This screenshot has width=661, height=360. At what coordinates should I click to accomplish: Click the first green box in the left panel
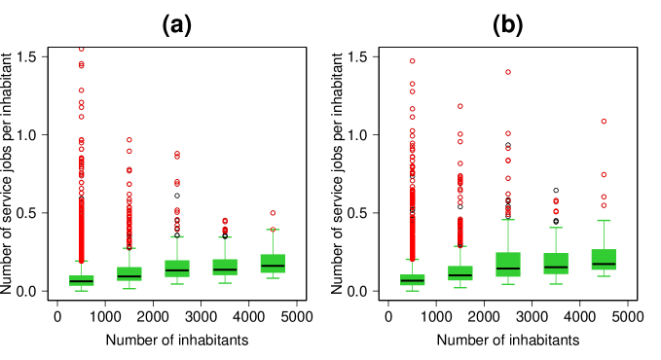(82, 280)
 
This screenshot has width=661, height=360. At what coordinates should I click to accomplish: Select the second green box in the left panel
(129, 273)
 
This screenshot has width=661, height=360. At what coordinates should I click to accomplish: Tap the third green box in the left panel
(177, 269)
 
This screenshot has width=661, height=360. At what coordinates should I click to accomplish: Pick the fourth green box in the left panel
(225, 267)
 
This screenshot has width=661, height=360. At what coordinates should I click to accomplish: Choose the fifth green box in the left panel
(273, 264)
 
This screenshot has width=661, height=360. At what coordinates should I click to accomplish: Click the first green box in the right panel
(413, 280)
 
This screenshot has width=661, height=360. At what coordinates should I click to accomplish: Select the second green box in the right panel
(460, 273)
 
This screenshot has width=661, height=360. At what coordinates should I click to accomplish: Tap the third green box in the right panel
(508, 265)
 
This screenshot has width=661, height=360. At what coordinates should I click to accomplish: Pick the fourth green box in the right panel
(556, 264)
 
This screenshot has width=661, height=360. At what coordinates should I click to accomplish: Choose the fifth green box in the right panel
(604, 260)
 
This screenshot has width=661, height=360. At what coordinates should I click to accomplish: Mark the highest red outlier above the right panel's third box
(508, 72)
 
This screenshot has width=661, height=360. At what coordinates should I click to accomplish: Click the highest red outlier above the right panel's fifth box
(604, 122)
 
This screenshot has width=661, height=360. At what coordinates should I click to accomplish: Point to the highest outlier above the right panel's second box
(460, 106)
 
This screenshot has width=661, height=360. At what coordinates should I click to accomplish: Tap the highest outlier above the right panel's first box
(413, 61)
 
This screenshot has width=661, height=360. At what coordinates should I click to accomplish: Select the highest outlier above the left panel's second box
(129, 140)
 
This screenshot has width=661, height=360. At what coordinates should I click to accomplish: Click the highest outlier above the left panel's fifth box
(273, 213)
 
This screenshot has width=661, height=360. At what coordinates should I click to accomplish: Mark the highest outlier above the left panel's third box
(177, 154)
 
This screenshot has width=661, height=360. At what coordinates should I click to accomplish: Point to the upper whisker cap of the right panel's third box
(508, 220)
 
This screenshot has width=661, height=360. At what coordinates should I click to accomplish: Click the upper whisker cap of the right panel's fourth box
(556, 228)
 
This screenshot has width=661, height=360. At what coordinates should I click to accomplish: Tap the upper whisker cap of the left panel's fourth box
(225, 237)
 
